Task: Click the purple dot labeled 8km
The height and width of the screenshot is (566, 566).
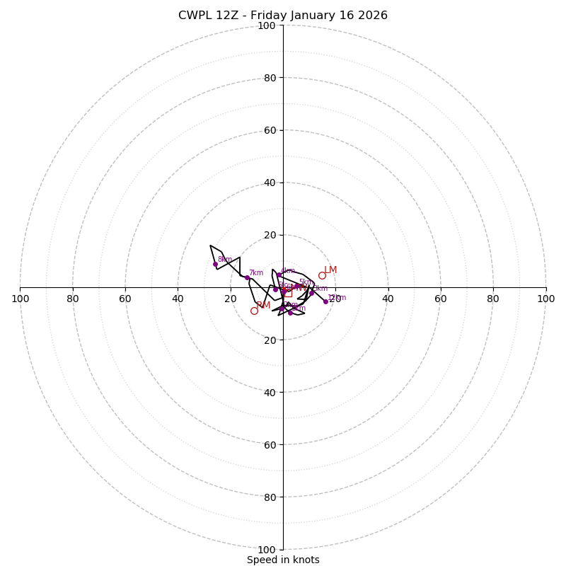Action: coord(215,264)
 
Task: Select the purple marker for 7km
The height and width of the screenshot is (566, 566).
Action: coord(247,277)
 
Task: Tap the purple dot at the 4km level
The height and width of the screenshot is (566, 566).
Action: coord(279,275)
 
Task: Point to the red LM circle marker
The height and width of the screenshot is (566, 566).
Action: coord(322,276)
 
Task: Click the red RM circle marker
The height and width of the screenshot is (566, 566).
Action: coord(254,311)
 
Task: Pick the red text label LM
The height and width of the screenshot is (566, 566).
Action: coord(330,270)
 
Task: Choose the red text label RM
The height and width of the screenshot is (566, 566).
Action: coord(263,306)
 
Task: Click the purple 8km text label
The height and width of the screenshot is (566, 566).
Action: coord(225,260)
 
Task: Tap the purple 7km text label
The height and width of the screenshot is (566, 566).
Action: coord(256,273)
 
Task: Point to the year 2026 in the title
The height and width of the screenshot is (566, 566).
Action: coord(372,16)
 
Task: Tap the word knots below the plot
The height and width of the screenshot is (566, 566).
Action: coord(306,560)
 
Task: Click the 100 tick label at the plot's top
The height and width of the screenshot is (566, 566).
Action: coord(267,25)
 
